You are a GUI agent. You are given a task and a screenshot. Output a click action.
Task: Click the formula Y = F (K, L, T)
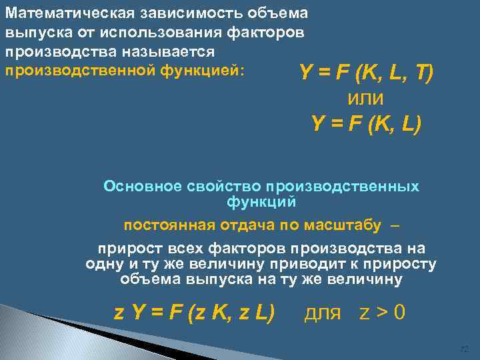(367, 71)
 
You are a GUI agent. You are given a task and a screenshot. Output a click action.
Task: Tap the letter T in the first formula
(423, 71)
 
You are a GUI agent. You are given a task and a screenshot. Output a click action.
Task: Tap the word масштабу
(345, 225)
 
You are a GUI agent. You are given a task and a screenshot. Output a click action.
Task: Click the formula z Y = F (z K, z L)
(194, 312)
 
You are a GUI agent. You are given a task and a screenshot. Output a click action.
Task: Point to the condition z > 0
(381, 312)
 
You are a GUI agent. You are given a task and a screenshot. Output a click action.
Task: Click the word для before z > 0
(323, 312)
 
